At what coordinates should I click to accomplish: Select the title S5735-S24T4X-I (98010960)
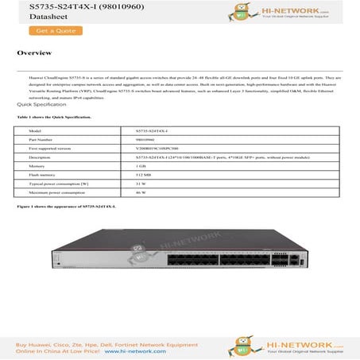tap(58, 6)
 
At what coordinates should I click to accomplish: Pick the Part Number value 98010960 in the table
tap(149, 139)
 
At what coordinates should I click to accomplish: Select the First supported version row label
tap(49, 148)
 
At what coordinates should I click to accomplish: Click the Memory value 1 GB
tap(141, 166)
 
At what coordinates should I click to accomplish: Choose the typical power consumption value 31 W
tap(141, 184)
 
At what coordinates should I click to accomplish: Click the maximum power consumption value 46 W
tap(141, 193)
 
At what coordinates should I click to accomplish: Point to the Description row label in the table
tap(41, 157)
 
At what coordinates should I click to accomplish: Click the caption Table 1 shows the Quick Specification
tap(54, 117)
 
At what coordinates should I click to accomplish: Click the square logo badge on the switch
tap(142, 256)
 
